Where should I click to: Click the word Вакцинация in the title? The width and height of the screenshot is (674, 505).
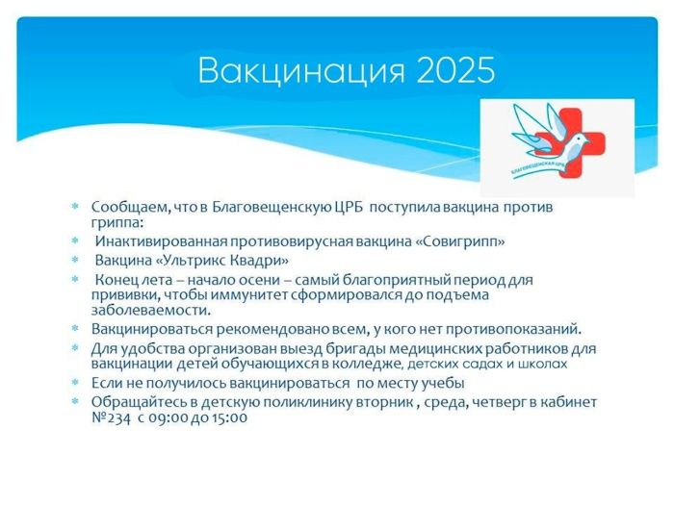point(301,70)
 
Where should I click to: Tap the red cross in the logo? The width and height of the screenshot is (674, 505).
point(569,142)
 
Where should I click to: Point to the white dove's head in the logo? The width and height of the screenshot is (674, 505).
point(580,139)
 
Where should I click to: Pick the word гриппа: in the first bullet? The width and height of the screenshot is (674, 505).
point(117,224)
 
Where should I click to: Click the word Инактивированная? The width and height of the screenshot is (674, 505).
point(161,241)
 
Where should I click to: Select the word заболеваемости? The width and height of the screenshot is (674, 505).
point(151,310)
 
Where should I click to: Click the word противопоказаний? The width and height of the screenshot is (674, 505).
point(513,329)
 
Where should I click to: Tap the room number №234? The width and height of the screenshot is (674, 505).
point(111,417)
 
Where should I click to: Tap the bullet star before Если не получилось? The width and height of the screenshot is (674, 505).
point(76,382)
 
